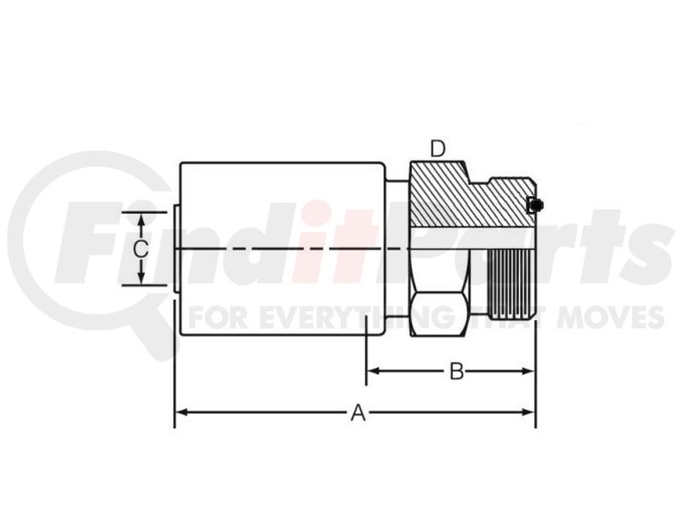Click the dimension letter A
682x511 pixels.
pyautogui.click(x=358, y=412)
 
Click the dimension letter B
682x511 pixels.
pyautogui.click(x=456, y=371)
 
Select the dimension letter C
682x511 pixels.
pyautogui.click(x=141, y=249)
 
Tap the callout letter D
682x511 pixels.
pyautogui.click(x=438, y=149)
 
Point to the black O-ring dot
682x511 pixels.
pyautogui.click(x=538, y=204)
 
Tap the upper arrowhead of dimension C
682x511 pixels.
pyautogui.click(x=141, y=220)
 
